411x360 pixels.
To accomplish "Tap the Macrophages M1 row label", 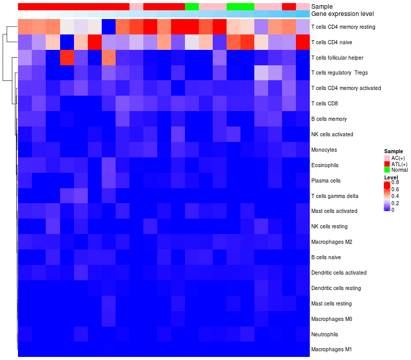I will [x=331, y=350].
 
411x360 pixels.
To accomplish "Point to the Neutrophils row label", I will [x=325, y=334].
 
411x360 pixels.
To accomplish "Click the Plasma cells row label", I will [x=326, y=181].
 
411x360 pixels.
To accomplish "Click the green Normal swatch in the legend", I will [x=387, y=170].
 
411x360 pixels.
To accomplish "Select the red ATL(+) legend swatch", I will [x=387, y=164].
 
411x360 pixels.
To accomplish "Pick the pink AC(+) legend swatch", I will [x=387, y=157].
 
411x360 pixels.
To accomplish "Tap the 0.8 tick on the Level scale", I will [x=395, y=183].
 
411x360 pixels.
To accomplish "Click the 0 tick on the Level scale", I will [x=393, y=210].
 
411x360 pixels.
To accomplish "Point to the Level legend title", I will [x=391, y=177].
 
